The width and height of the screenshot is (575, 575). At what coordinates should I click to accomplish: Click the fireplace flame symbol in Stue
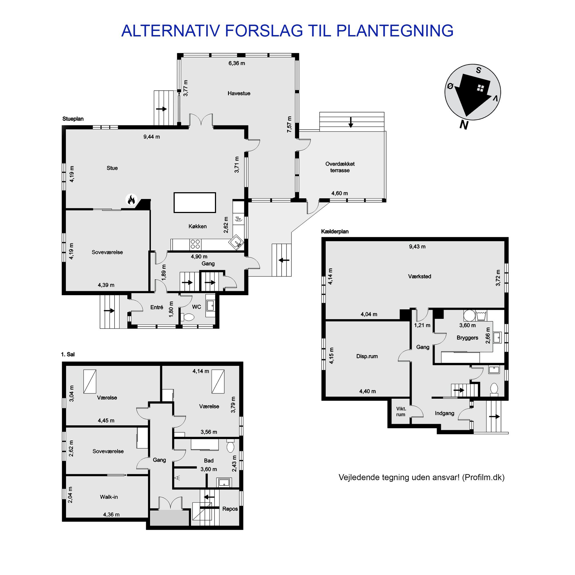click(131, 199)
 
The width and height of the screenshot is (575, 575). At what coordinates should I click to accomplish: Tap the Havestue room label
click(239, 93)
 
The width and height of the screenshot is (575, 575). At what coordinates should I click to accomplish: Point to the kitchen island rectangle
click(195, 203)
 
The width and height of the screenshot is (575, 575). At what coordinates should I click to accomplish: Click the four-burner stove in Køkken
click(196, 244)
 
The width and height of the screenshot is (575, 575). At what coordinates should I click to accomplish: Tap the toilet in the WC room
click(188, 317)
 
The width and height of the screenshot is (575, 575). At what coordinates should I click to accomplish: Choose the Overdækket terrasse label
click(340, 167)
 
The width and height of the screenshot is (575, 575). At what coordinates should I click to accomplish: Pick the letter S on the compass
click(478, 70)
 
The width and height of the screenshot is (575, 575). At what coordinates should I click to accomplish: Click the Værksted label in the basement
click(420, 277)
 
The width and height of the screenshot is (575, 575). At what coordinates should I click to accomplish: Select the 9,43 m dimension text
click(417, 247)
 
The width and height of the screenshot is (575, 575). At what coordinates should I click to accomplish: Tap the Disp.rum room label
click(367, 357)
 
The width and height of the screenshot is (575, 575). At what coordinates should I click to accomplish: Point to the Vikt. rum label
click(401, 412)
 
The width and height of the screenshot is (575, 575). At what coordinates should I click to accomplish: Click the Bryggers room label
click(467, 338)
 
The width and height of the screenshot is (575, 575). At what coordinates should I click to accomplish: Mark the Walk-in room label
click(109, 497)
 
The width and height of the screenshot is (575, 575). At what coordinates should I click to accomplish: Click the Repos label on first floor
click(230, 509)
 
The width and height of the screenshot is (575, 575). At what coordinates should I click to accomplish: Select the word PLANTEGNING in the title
click(395, 31)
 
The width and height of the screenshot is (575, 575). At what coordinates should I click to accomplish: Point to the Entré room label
click(157, 307)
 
